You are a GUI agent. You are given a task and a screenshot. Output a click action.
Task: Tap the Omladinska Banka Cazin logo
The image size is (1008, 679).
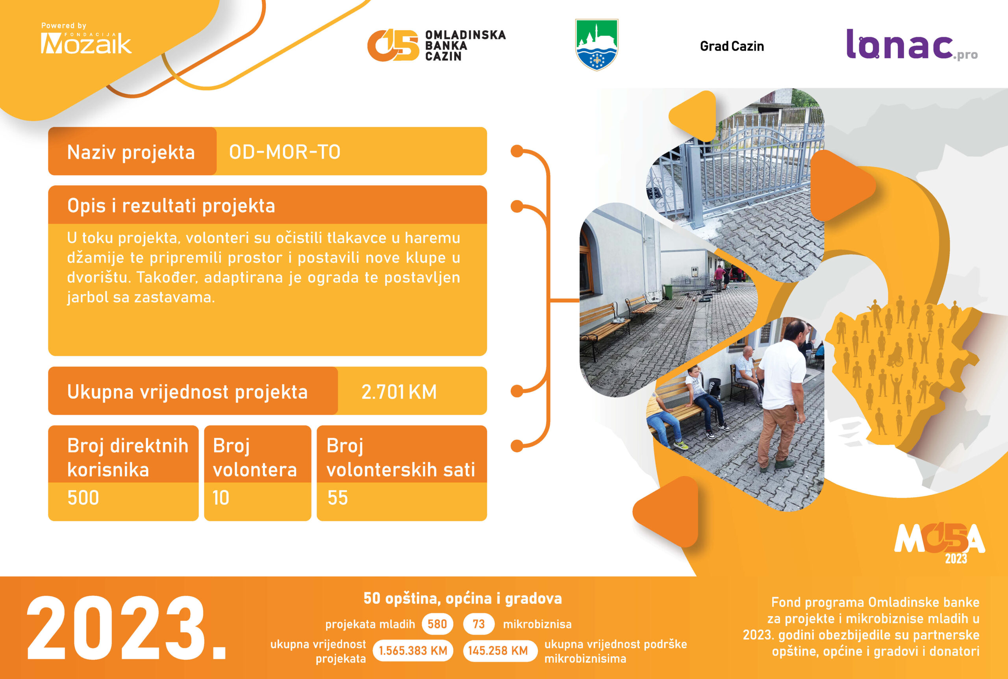click(436, 45)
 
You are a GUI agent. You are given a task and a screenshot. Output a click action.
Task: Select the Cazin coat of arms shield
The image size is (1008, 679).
click(597, 44)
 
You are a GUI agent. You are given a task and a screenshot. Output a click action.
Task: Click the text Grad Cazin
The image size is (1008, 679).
click(732, 46)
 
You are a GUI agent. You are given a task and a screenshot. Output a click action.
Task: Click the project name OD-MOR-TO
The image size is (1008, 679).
click(285, 152)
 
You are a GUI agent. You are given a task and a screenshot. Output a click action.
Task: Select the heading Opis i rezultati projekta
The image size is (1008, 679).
click(171, 206)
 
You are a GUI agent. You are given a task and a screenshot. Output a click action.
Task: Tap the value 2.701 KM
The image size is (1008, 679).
click(398, 392)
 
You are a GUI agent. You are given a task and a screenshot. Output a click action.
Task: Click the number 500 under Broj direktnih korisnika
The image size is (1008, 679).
click(83, 498)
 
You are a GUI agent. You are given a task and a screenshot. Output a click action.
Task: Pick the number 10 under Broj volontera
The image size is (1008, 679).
click(220, 498)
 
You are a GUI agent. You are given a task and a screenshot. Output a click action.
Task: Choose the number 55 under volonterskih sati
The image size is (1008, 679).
click(337, 498)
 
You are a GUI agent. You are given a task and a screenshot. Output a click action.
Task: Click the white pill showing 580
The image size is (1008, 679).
click(437, 624)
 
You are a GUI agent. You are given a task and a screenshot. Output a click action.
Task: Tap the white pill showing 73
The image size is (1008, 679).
click(479, 624)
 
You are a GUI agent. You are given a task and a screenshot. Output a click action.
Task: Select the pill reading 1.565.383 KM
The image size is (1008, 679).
click(413, 650)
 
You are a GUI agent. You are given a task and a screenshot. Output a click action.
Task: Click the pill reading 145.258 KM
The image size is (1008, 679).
click(498, 650)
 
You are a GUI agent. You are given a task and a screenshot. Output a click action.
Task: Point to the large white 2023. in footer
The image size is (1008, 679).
click(126, 628)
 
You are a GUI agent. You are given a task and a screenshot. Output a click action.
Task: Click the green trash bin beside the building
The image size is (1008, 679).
click(668, 291)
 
